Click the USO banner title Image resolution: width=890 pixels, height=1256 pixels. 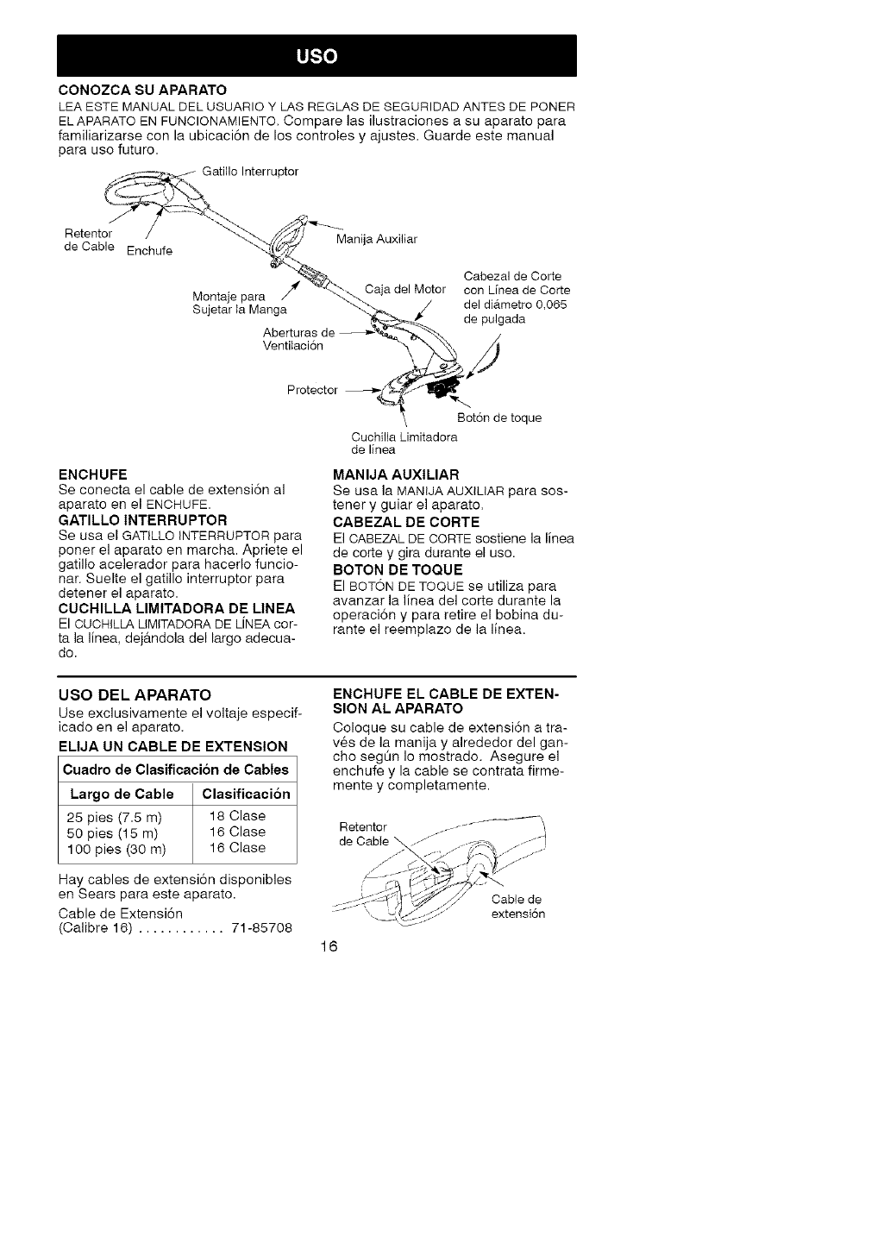pyautogui.click(x=317, y=57)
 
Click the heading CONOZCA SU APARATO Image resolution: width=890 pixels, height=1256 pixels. pyautogui.click(x=142, y=90)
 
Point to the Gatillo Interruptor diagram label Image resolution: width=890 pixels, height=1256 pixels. pyautogui.click(x=250, y=172)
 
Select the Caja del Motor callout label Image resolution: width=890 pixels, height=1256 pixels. pyautogui.click(x=405, y=288)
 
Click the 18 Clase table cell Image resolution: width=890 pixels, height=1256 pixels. pyautogui.click(x=237, y=816)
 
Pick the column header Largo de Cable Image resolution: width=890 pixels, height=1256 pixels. pyautogui.click(x=120, y=794)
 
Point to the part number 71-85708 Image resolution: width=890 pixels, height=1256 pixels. pyautogui.click(x=262, y=928)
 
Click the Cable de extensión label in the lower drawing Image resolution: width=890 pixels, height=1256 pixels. pyautogui.click(x=517, y=907)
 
